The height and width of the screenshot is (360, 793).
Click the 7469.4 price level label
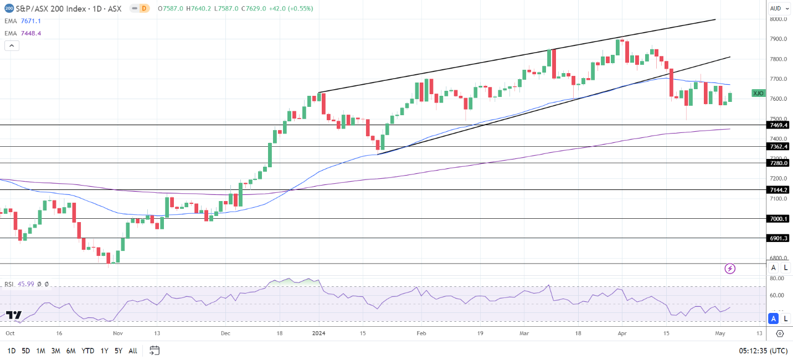[x=779, y=125]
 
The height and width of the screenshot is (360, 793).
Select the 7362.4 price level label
[x=779, y=147]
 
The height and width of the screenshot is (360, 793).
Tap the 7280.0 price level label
[x=779, y=163]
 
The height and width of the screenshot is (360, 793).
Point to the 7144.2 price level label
[x=779, y=190]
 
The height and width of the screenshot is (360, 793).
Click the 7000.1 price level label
[x=779, y=219]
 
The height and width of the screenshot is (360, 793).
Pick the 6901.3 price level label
[x=779, y=238]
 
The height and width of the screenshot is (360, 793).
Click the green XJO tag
[x=758, y=93]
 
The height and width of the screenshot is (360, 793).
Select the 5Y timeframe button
[x=119, y=351]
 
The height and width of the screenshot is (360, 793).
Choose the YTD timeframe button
[x=87, y=351]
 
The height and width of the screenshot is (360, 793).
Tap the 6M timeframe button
[x=70, y=351]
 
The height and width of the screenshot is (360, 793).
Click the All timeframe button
[x=133, y=351]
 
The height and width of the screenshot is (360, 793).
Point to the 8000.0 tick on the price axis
[x=779, y=19]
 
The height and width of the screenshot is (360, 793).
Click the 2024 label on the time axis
[x=318, y=334]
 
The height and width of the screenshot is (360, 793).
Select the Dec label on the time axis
[x=225, y=334]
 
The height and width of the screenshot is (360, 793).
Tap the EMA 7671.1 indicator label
[x=22, y=21]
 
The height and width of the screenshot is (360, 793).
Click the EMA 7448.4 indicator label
[x=22, y=33]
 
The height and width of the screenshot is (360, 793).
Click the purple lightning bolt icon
[x=730, y=269]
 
